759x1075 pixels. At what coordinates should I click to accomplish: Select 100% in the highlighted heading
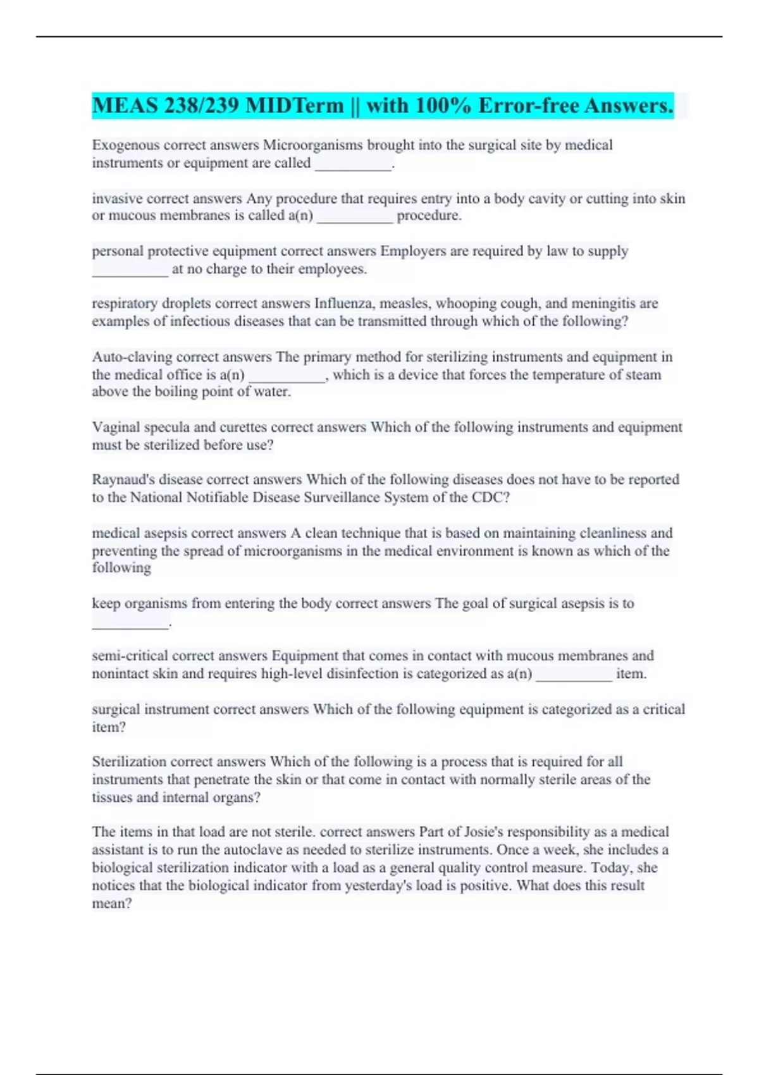click(x=444, y=106)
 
